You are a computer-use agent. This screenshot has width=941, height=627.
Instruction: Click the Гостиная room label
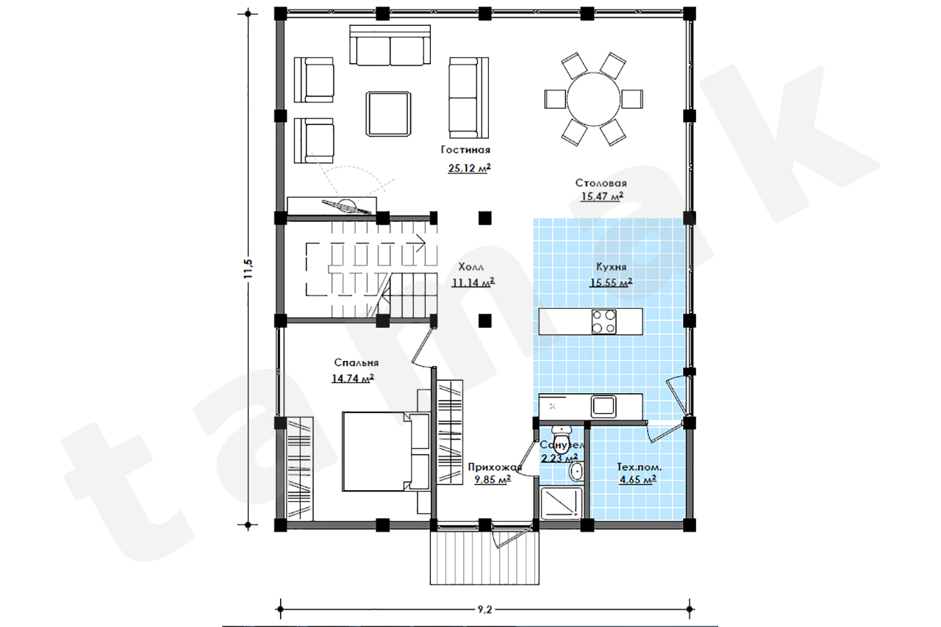[x=465, y=149]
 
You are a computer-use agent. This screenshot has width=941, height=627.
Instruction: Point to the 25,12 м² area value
[x=469, y=168]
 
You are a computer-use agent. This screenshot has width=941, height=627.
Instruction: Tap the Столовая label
[x=601, y=183]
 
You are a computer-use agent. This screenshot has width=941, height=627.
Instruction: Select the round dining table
[x=593, y=99]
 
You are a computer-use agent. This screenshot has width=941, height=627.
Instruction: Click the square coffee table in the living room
[x=388, y=114]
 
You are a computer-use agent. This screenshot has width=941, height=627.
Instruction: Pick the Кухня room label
[x=611, y=267]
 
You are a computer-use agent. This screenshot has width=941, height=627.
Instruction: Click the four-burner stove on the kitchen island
[x=604, y=322]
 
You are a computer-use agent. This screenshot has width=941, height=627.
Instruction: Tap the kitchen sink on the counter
[x=604, y=406]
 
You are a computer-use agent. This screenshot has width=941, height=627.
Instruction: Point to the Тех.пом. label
[x=639, y=467]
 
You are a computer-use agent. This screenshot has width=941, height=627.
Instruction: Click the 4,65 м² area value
[x=638, y=479]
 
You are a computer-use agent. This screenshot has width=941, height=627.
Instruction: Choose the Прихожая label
[x=495, y=467]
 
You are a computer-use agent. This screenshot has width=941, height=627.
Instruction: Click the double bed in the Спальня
[x=386, y=451]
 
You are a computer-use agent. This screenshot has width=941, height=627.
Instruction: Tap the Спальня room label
[x=357, y=362]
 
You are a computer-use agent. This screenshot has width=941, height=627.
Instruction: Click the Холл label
[x=471, y=267]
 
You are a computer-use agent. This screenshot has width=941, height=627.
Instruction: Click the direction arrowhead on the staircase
[x=422, y=243]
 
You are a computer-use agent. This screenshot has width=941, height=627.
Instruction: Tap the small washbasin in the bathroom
[x=576, y=470]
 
